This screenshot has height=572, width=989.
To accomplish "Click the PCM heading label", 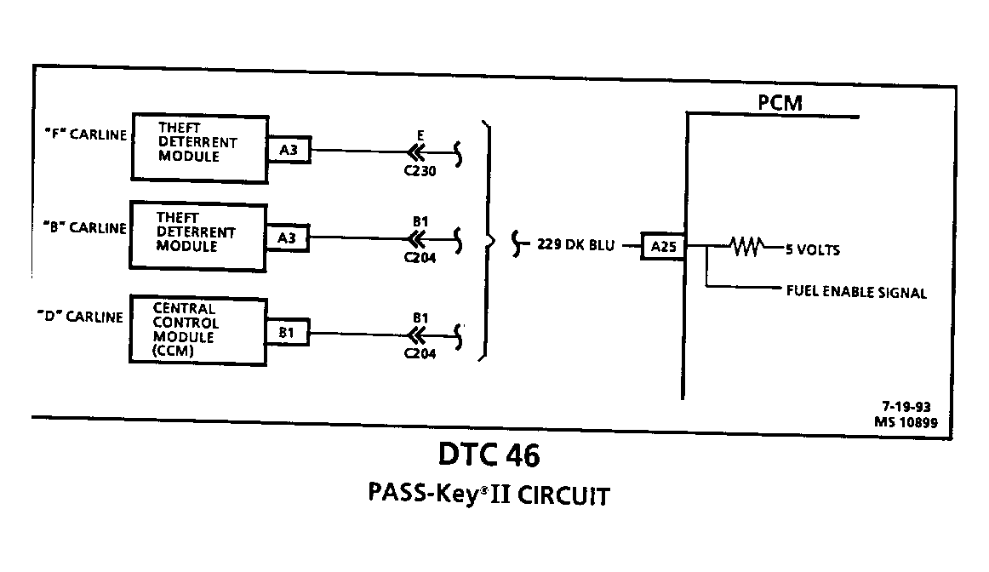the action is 780,102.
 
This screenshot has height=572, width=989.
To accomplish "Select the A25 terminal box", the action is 663,246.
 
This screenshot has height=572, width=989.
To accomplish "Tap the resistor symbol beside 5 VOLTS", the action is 746,246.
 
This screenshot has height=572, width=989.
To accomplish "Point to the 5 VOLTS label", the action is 812,249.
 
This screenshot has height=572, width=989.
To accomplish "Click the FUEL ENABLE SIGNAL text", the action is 856,292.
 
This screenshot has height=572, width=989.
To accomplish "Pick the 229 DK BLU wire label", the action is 575,244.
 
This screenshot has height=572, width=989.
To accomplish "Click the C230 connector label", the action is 420,171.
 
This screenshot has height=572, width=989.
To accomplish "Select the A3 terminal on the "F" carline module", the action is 289,150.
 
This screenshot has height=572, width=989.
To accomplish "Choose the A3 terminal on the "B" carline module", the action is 287,237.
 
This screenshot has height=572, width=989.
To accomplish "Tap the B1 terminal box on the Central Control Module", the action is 286,332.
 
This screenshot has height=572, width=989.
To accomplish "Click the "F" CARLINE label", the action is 86,134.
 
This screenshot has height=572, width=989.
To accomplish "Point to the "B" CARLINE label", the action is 85,227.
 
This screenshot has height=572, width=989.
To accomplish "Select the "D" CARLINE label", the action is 80,317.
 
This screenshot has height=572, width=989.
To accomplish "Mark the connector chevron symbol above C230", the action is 416,152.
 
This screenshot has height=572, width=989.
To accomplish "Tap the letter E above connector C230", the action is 420,135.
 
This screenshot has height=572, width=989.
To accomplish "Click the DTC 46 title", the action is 489,455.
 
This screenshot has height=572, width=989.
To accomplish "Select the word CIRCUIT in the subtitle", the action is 564,496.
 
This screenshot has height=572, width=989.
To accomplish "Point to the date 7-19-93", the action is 906,407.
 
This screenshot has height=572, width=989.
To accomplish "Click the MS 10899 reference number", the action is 906,422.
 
